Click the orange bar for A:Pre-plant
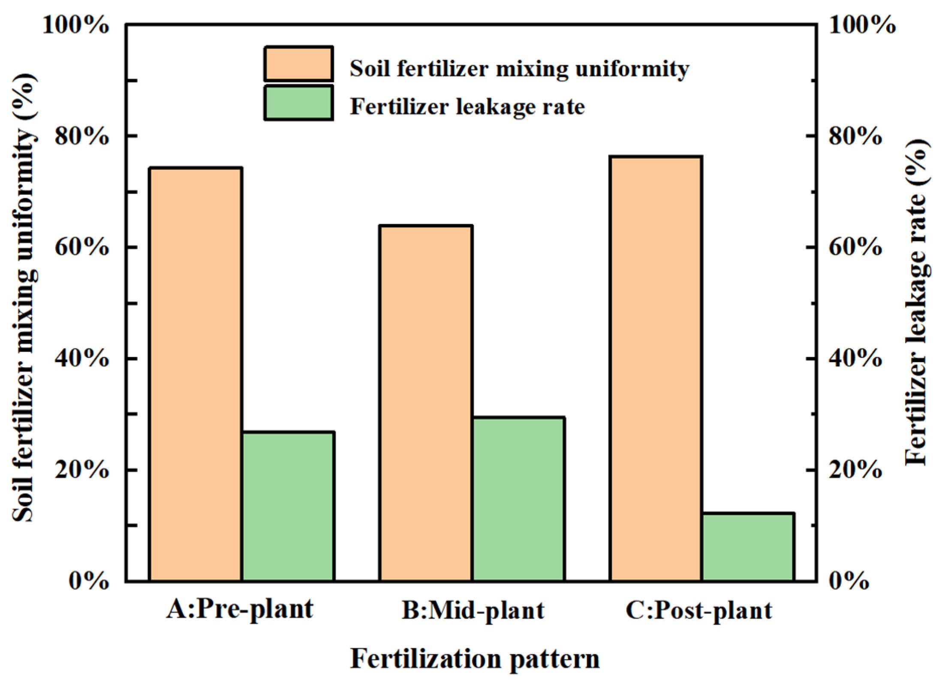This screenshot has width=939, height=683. tap(196, 374)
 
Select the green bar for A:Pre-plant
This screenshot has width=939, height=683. tap(288, 506)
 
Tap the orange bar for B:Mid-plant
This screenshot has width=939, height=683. tap(426, 403)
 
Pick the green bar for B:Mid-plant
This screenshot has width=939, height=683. tap(518, 499)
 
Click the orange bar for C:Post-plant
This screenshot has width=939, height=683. tap(656, 369)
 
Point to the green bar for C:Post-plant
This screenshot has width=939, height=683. tap(748, 547)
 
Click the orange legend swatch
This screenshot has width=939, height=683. tap(298, 64)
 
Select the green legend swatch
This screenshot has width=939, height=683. tap(298, 103)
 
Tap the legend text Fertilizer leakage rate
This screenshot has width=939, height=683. tap(467, 106)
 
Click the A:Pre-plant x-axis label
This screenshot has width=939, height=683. tap(240, 609)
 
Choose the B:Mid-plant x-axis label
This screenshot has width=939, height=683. tap(473, 610)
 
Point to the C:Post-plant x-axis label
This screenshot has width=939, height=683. tap(699, 610)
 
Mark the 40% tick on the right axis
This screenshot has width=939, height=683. tap(855, 359)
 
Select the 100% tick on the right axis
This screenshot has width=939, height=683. tap(862, 25)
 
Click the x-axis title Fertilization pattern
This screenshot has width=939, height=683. tap(475, 659)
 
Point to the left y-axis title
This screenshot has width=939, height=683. tap(24, 298)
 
